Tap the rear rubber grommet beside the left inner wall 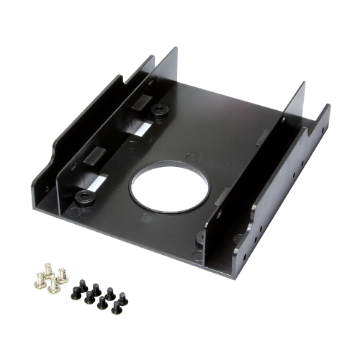[x=158, y=110]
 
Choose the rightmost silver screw [x=63, y=274]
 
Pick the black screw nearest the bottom [x=114, y=310]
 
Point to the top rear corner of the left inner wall [x=176, y=49]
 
